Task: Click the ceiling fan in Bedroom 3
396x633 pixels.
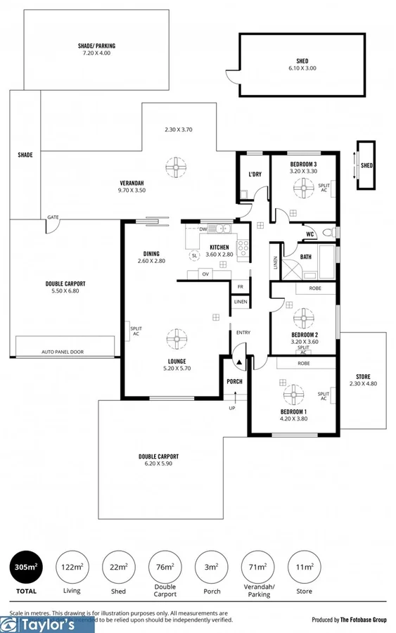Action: [304, 186]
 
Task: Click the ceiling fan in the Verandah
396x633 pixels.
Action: [174, 168]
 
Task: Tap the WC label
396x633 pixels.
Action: [309, 234]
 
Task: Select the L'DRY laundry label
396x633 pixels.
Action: [255, 174]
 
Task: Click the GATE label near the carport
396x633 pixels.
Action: [53, 218]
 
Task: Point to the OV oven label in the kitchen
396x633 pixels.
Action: [206, 274]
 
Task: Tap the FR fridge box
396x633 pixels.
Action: [240, 287]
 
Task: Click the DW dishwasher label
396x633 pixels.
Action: [203, 229]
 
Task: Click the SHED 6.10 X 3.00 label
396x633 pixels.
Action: [302, 65]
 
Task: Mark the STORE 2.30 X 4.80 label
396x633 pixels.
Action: [362, 381]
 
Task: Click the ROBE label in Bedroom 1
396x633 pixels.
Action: [304, 364]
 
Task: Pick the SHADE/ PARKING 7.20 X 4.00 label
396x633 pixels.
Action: [96, 50]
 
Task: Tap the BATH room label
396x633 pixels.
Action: [305, 257]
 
